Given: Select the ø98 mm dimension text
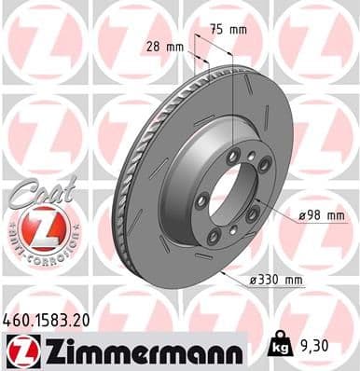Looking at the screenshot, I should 319,215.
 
